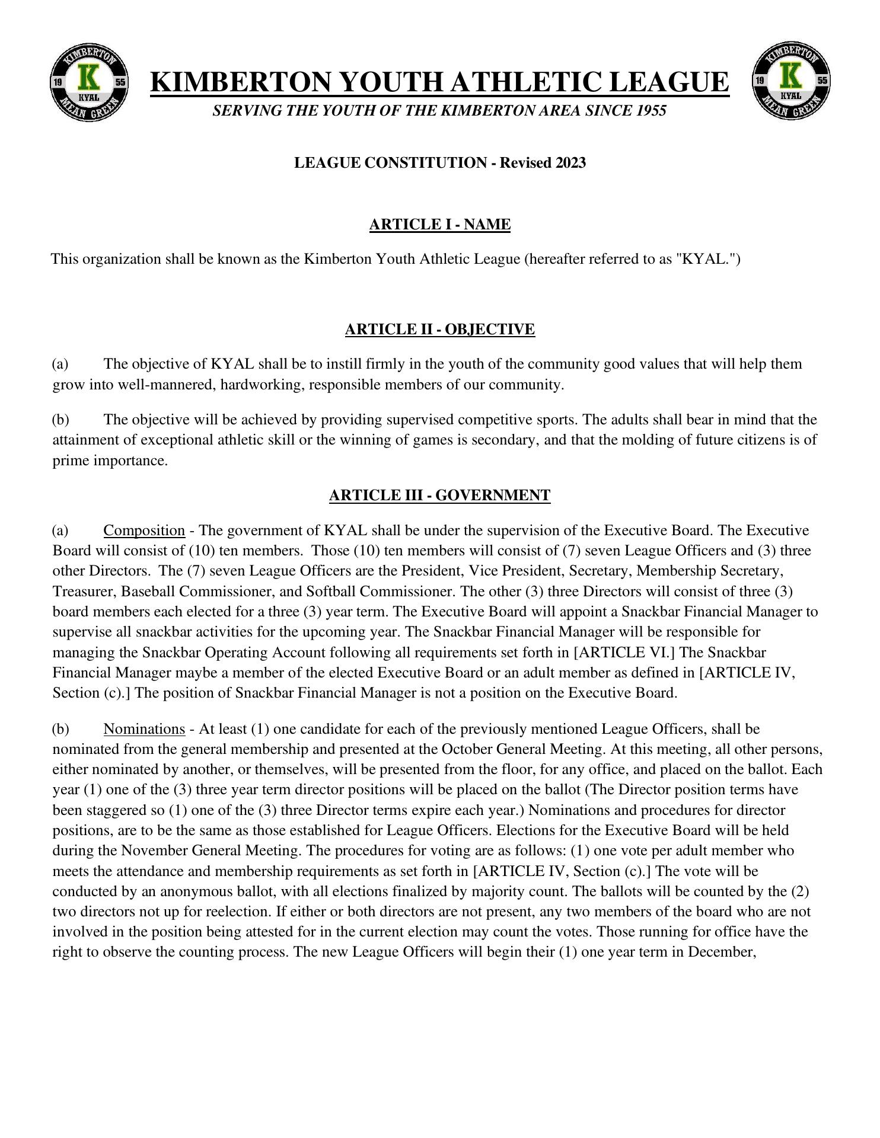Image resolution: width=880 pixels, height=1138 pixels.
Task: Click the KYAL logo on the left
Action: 89,82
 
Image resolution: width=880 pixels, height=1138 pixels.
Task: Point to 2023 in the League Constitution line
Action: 570,163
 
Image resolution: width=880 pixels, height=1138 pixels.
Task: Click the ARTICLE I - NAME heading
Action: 439,225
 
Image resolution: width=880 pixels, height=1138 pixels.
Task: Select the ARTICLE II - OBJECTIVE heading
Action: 439,330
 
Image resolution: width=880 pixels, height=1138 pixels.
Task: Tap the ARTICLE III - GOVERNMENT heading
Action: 439,496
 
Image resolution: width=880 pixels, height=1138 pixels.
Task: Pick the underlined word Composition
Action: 144,530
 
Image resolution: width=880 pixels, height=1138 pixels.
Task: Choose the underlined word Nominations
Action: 144,728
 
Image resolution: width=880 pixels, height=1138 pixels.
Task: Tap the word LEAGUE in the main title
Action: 669,82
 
